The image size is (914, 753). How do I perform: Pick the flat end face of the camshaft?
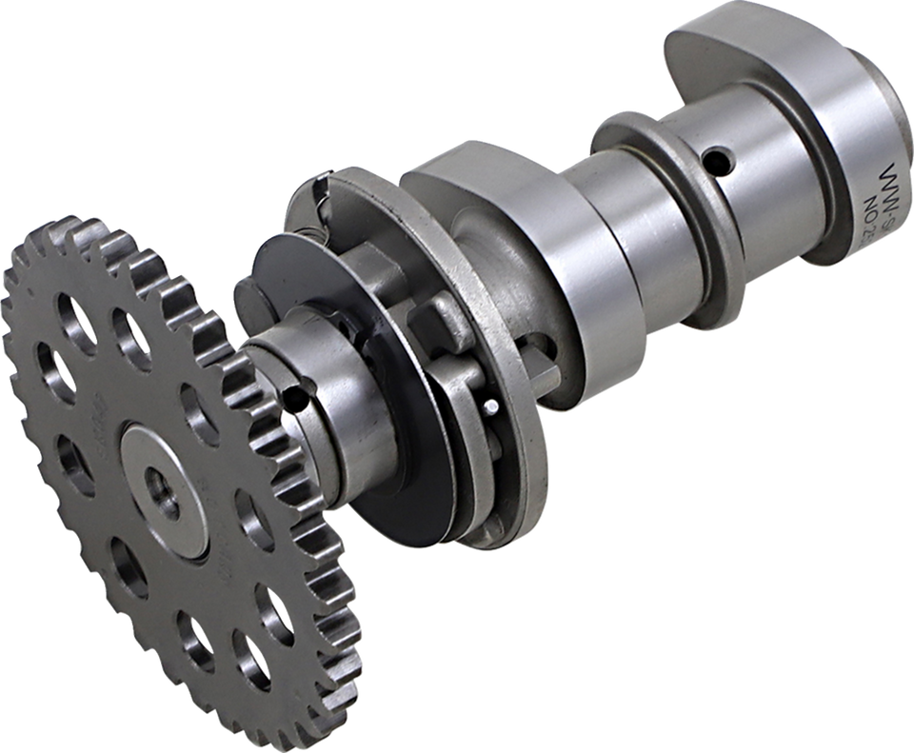click(876, 162)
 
